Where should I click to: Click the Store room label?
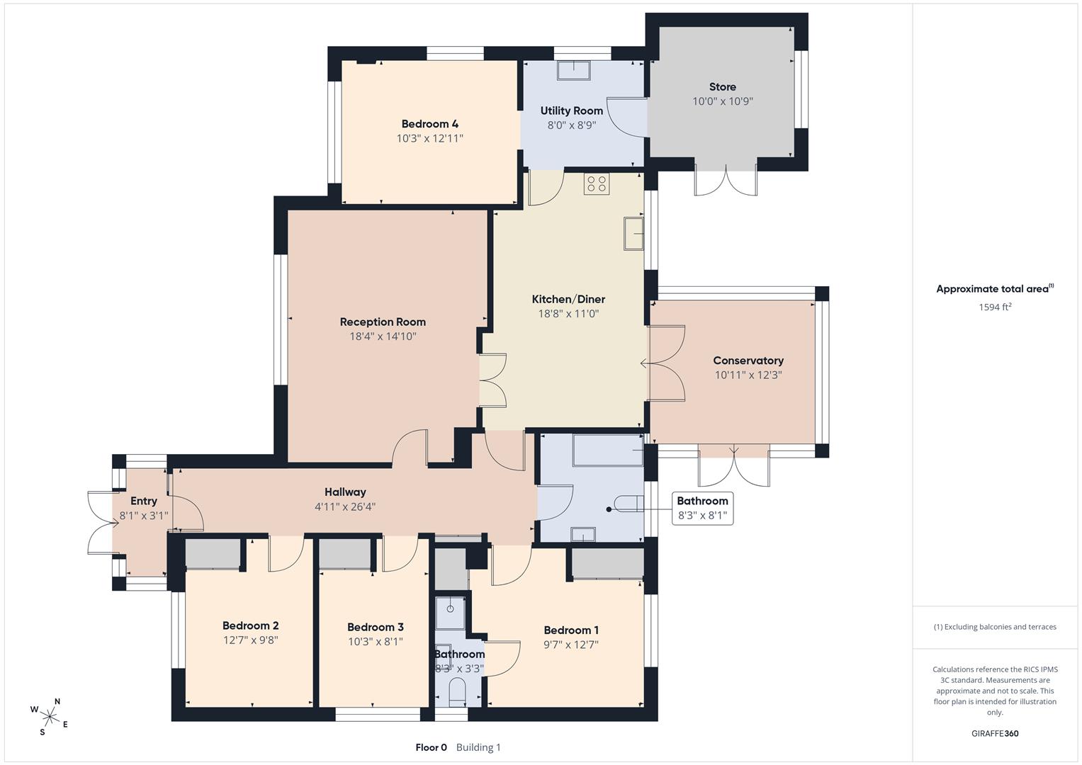pos(723,87)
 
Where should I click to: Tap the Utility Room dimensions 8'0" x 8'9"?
pos(571,125)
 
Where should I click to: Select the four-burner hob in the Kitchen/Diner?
pos(597,183)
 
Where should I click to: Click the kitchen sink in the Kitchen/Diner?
pos(633,234)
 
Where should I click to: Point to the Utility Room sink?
pos(574,71)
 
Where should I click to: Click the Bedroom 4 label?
pos(430,124)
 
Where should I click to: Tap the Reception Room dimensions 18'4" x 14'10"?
pos(383,336)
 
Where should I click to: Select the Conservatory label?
pos(748,361)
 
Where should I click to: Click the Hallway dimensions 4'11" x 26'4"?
pos(345,506)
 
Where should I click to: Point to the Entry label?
pos(143,501)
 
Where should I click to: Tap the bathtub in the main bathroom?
pos(608,450)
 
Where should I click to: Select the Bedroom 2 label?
pos(250,625)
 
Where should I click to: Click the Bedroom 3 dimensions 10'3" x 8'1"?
pos(376,641)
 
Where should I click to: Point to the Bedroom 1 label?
pos(571,630)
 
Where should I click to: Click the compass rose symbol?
pos(50,717)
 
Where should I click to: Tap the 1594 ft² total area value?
pos(995,307)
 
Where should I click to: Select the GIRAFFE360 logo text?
pos(995,733)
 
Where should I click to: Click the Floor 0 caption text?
pos(431,747)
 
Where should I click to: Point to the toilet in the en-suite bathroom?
pos(457,691)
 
